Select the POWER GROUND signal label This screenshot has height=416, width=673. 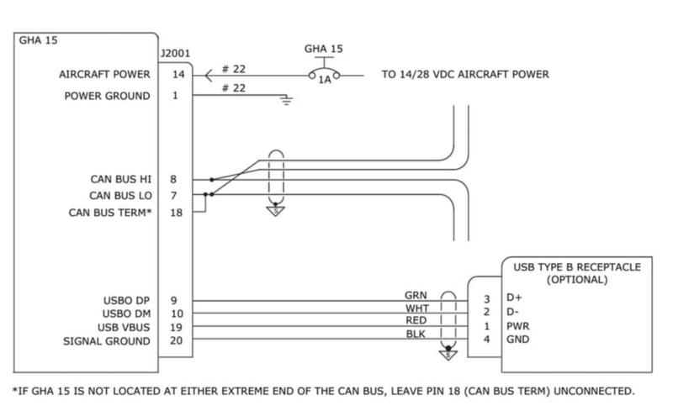tap(108, 96)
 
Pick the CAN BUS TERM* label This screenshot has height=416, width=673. tap(110, 212)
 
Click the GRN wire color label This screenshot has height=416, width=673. tap(416, 295)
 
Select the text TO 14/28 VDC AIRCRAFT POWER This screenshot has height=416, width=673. tap(465, 75)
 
